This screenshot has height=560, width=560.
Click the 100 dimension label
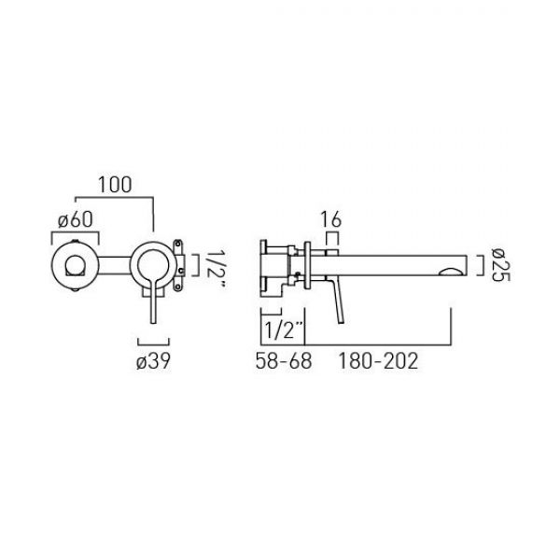point(115,185)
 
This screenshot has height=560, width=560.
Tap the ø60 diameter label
point(76,219)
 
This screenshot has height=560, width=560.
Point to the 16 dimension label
point(330,219)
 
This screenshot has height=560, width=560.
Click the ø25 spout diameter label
point(500,265)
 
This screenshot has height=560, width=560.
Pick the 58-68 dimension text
point(284,360)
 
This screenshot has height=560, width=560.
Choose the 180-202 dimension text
point(378,360)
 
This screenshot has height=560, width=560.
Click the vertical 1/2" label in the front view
point(215,268)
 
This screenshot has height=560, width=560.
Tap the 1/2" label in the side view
point(284,329)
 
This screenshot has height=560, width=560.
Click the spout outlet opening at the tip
point(453,272)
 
